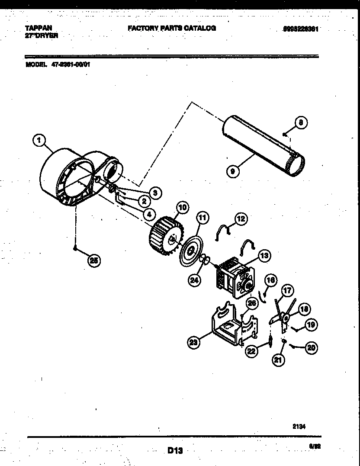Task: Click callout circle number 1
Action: tap(39, 140)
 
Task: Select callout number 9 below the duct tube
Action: tap(233, 171)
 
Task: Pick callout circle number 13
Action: tap(264, 256)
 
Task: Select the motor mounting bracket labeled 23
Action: tap(227, 325)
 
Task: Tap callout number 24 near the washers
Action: tap(195, 280)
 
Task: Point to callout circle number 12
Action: tap(241, 219)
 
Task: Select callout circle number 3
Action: tap(154, 193)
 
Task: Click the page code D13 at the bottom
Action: tap(175, 451)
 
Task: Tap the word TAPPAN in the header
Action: tap(36, 28)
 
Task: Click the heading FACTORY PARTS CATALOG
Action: tap(171, 28)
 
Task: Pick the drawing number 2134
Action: tap(299, 426)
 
